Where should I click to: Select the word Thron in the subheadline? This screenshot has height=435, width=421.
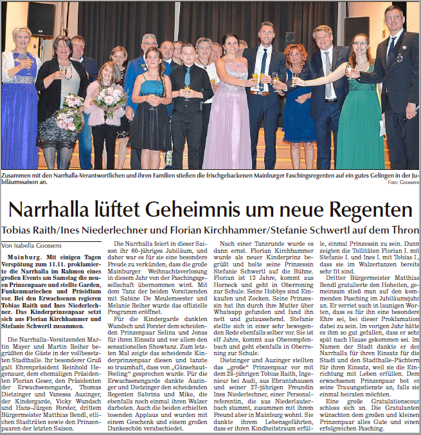tap(404, 230)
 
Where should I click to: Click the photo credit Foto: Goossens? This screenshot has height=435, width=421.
tap(402, 183)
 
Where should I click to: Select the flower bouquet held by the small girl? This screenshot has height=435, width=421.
tap(110, 100)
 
